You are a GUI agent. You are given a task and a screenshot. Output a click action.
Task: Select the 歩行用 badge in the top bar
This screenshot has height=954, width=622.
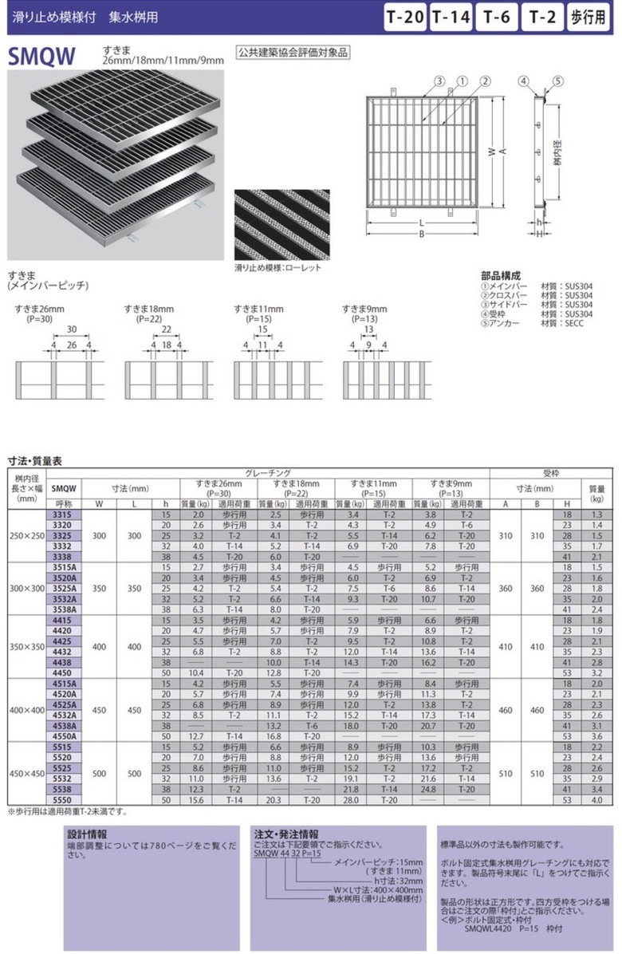click(589, 17)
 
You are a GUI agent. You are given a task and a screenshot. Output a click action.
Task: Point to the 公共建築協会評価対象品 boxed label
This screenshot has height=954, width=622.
click(293, 53)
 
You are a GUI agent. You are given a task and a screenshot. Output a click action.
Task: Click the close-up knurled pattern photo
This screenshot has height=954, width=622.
click(281, 226)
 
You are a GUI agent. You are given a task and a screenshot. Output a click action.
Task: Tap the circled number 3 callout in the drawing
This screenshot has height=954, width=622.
click(439, 81)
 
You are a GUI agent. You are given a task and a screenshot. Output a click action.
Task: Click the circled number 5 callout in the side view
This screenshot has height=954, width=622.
click(557, 81)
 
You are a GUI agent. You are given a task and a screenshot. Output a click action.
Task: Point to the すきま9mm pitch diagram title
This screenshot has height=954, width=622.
click(364, 309)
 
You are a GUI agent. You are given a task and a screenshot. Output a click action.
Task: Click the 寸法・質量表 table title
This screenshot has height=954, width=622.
click(35, 461)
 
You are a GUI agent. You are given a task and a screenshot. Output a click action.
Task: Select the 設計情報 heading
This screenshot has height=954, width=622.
click(87, 834)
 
